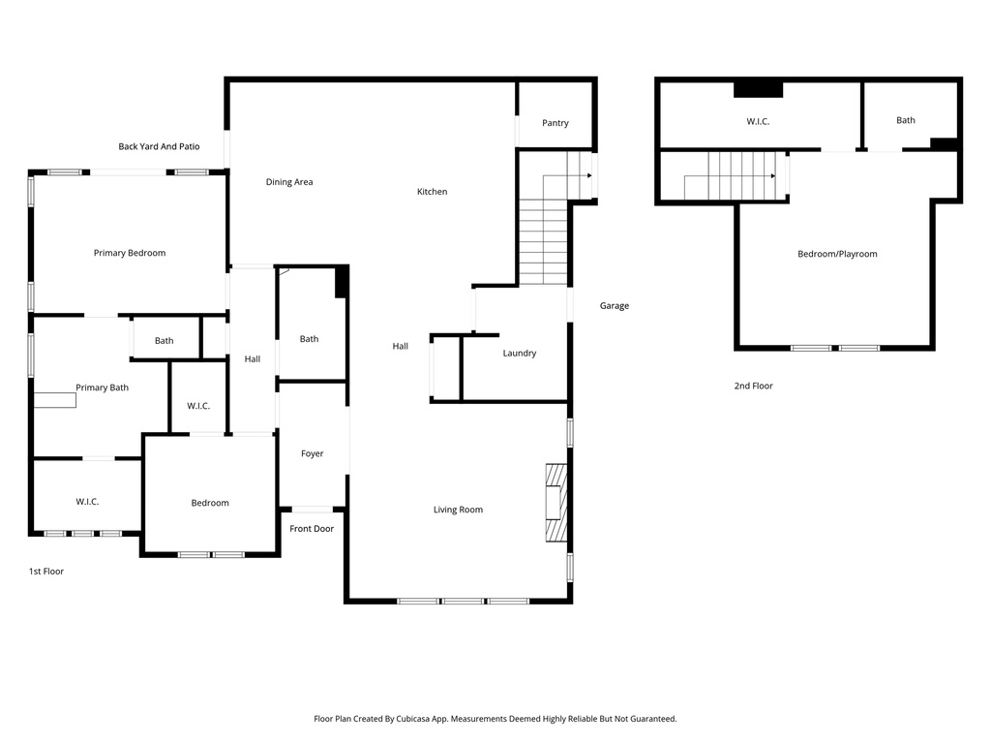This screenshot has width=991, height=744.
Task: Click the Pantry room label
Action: click(555, 123)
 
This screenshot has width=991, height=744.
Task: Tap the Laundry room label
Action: click(519, 354)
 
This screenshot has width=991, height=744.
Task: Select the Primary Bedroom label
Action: click(129, 253)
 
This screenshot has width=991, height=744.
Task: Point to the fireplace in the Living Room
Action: click(555, 504)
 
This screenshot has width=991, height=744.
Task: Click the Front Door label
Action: click(312, 529)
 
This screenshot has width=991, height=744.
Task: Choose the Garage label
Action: click(614, 306)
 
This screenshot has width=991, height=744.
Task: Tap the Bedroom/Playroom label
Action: click(837, 254)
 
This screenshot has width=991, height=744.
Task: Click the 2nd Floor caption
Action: click(753, 386)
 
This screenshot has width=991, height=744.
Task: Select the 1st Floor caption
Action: click(45, 572)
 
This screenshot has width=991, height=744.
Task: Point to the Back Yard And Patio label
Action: click(159, 146)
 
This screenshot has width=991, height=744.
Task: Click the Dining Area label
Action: click(289, 182)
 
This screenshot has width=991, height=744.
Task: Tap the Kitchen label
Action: click(432, 192)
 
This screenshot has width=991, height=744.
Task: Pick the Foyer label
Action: click(312, 453)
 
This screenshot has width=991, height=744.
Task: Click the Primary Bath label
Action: click(102, 387)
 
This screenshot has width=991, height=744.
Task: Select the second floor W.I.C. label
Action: click(758, 122)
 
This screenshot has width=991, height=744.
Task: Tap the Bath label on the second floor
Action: click(905, 120)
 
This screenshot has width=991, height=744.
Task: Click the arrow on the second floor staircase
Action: click(771, 176)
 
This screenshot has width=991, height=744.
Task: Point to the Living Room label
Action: click(458, 510)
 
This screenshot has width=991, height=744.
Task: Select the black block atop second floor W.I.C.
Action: click(758, 90)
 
